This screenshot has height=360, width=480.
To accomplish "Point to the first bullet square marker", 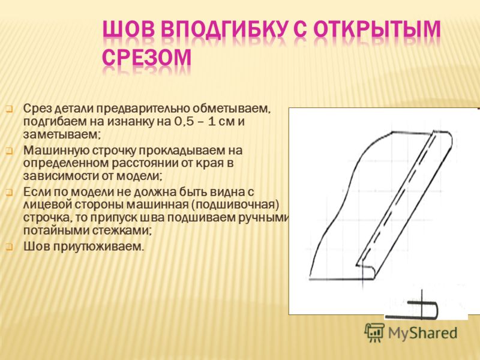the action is pos(9,109).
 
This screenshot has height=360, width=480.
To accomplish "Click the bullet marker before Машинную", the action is pos(9,151).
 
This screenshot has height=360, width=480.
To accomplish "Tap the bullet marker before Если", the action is pos(9,193).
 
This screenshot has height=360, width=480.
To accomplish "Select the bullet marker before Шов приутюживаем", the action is pos(9,247).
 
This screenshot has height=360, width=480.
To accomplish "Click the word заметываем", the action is pos(62,134).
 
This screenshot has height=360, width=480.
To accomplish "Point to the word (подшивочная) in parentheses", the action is pos(236,205).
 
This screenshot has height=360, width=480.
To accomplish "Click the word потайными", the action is pos(55,230).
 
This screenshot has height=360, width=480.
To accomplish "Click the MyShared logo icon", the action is pos(374,332).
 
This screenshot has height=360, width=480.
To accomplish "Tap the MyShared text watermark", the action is pos(423,333).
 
